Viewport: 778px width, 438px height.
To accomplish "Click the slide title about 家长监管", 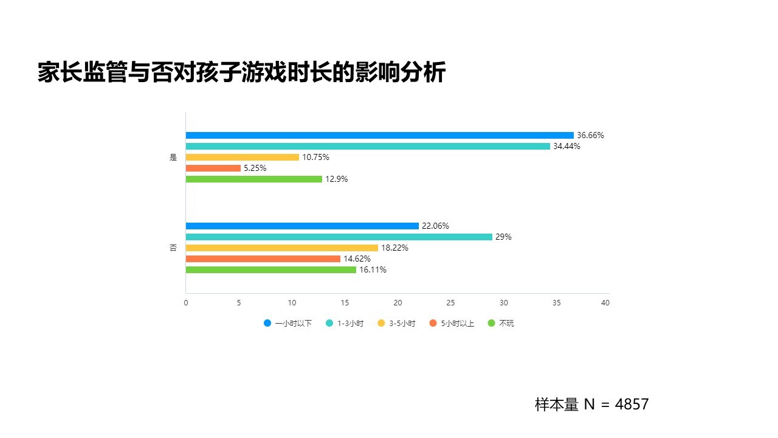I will [x=241, y=72].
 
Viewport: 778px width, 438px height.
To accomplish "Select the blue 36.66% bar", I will [x=379, y=135].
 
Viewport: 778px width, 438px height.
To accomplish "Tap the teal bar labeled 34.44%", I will [x=367, y=146].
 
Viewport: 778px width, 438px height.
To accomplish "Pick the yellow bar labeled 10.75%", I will [x=242, y=157].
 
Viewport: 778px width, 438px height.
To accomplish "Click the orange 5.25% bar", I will [x=213, y=168].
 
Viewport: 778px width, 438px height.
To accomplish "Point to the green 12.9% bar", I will [x=253, y=179].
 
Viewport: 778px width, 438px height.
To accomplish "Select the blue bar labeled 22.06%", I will [x=302, y=226].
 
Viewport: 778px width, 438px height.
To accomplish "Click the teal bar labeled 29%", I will [x=339, y=237].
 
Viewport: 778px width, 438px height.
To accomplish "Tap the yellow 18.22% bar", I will [x=281, y=248].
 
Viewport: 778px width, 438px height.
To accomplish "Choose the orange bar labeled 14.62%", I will [x=263, y=259].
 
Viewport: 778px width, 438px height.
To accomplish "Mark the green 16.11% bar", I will [x=270, y=269].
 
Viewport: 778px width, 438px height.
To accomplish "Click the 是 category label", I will [x=173, y=157].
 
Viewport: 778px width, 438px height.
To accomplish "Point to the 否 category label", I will [x=173, y=248].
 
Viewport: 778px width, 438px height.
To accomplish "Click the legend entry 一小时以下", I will [x=287, y=324].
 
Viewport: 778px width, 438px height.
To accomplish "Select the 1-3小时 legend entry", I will [x=345, y=324].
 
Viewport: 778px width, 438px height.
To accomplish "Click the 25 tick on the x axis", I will [x=450, y=303].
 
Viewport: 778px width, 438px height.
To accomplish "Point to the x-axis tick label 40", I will [x=605, y=303].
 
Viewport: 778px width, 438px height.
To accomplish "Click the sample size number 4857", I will [x=632, y=405].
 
